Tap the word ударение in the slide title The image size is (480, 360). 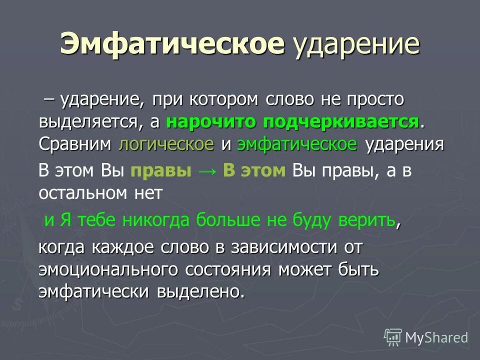355,45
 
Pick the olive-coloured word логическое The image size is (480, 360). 166,144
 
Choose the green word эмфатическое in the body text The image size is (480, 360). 297,144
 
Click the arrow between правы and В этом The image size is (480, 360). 207,171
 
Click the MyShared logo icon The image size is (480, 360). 393,338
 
